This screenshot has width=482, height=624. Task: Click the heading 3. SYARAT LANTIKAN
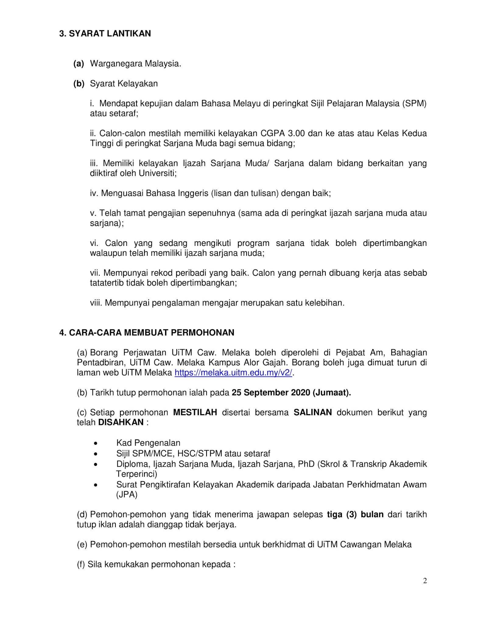tap(105, 34)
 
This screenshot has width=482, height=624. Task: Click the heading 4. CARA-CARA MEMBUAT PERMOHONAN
tap(147, 332)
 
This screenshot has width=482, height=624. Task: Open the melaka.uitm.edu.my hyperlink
tap(233, 373)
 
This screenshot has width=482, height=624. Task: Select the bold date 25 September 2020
tap(271, 392)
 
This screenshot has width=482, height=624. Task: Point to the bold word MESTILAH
tap(195, 412)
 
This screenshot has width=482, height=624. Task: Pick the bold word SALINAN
tap(312, 412)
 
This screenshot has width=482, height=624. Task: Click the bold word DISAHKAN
tap(121, 422)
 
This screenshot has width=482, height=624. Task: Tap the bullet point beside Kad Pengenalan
tap(96, 443)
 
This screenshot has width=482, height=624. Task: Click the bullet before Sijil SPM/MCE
tap(96, 454)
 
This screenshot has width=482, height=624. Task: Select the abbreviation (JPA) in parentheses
tap(127, 495)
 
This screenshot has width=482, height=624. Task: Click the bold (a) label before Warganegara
tap(79, 64)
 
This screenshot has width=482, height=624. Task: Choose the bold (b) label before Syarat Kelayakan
tap(79, 83)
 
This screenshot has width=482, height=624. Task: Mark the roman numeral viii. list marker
tap(96, 303)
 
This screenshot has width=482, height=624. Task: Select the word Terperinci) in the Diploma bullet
tap(136, 474)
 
